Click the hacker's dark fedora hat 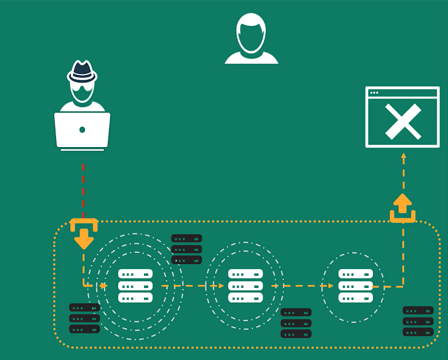(x=82, y=71)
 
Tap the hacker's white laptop (x=82, y=130)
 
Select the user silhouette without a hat (x=251, y=39)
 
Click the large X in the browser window (x=403, y=121)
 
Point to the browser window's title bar (x=402, y=93)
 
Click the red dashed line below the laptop (x=83, y=188)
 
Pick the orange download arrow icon (x=84, y=234)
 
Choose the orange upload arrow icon (x=402, y=208)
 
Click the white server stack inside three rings (x=135, y=286)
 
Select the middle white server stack (x=246, y=286)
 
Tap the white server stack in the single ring (x=356, y=286)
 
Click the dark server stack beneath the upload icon (x=418, y=321)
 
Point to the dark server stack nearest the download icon (x=186, y=249)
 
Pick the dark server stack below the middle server (x=296, y=322)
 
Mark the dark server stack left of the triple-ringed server (x=84, y=318)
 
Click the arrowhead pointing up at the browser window (x=404, y=157)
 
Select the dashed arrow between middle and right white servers (x=302, y=286)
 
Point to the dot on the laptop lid (x=82, y=130)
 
